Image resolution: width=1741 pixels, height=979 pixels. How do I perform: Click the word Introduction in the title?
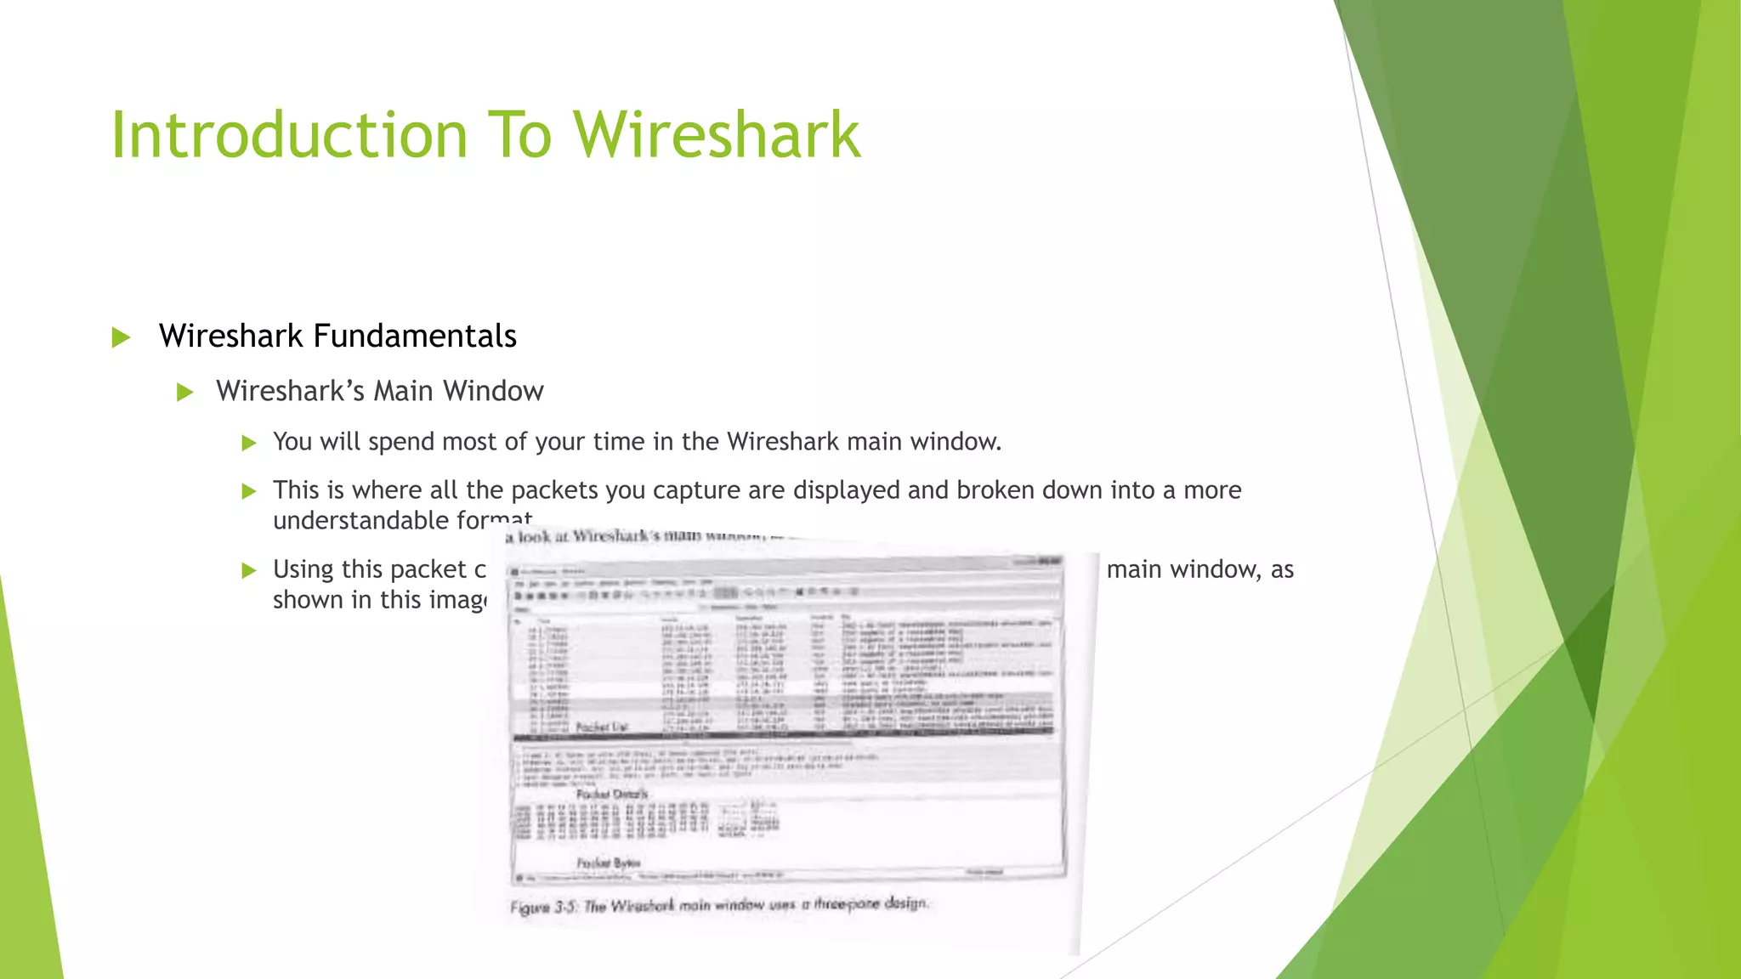click(289, 136)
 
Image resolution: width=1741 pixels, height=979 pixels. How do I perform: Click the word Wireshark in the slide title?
click(717, 136)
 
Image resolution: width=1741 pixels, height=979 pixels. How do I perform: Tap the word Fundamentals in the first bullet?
click(415, 337)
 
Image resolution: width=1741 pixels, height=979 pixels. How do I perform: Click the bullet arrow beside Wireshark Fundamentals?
click(121, 337)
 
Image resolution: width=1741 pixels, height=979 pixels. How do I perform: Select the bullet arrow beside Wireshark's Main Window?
click(184, 392)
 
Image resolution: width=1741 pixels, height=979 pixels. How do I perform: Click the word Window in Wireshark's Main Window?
click(493, 391)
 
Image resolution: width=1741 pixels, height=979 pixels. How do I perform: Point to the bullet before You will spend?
click(248, 443)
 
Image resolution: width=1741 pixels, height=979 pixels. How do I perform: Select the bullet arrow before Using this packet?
click(248, 570)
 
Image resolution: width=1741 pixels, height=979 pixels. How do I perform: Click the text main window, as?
click(1199, 569)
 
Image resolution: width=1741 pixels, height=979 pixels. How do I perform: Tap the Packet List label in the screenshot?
click(601, 727)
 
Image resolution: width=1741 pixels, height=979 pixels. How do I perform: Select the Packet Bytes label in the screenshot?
click(608, 863)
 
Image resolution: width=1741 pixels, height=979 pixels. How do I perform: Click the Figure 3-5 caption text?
click(718, 905)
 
